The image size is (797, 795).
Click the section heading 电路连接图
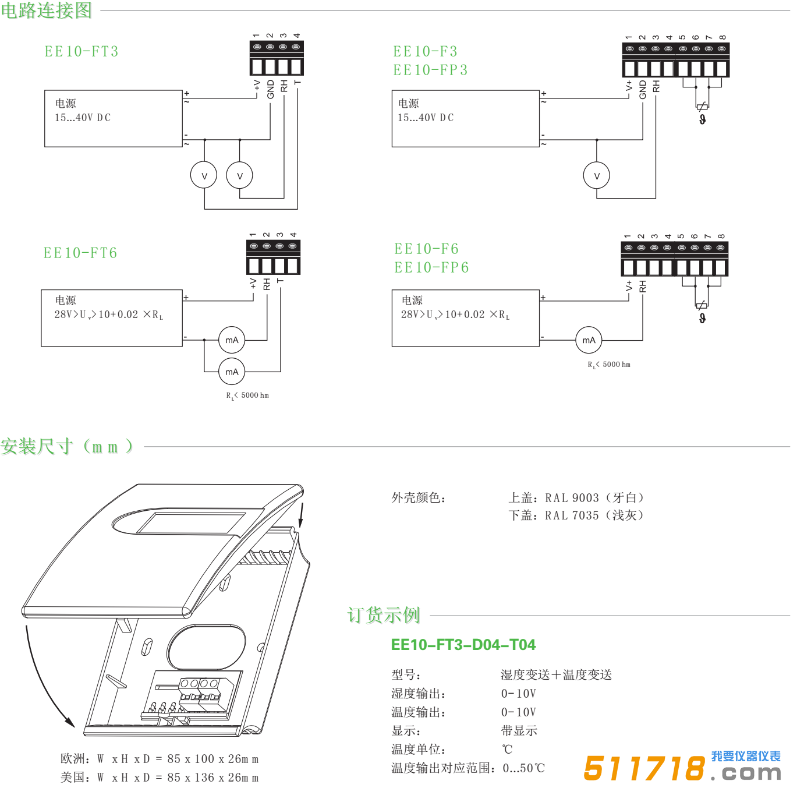47,10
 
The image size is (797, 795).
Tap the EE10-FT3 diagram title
82,51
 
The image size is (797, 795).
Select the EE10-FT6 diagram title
80,253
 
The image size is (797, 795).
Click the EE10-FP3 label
430,70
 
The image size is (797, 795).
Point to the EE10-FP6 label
431,267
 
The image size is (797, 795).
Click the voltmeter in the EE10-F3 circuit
597,176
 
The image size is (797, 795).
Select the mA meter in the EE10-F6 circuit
589,340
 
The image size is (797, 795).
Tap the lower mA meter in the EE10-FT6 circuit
232,372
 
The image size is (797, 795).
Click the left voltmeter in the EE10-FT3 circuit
204,176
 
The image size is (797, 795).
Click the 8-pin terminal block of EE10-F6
674,260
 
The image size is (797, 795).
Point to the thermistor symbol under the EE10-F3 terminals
703,107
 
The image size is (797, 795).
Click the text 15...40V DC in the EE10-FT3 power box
83,118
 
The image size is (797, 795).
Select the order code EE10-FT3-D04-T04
463,645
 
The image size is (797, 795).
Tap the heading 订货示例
384,615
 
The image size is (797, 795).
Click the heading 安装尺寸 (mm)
67,447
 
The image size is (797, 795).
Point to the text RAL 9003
572,498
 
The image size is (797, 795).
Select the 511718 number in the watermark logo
644,768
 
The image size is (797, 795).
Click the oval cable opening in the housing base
206,648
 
